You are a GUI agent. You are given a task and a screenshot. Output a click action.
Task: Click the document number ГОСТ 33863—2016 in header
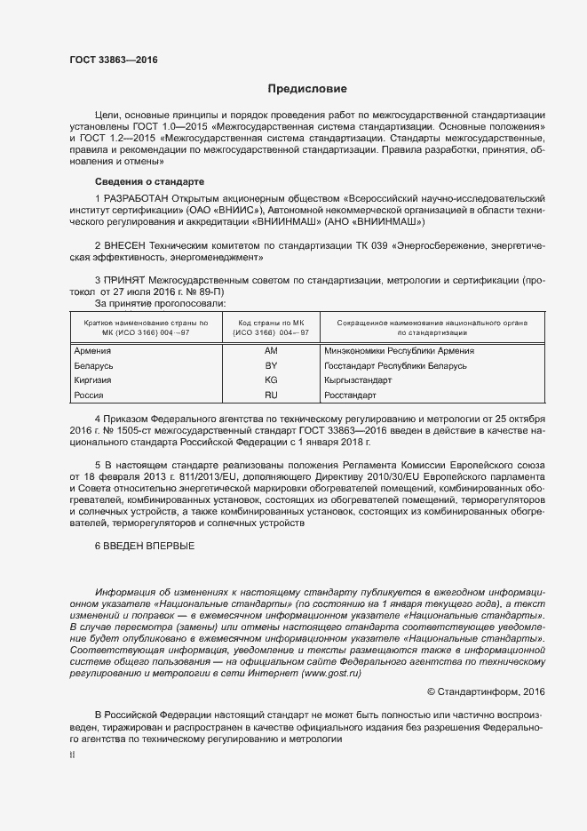coord(113,60)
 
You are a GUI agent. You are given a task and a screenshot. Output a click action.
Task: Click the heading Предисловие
coord(307,89)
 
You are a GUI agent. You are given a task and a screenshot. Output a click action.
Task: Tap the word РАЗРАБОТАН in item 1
coord(135,197)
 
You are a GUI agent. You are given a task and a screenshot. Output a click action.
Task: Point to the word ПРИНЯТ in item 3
coord(128,278)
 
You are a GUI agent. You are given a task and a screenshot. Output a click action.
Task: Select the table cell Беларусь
coord(93,365)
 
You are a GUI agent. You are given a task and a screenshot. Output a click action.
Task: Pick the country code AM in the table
coord(271,350)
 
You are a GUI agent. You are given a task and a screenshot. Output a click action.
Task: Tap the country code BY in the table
coord(271,365)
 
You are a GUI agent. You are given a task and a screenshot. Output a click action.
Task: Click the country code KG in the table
coord(271,380)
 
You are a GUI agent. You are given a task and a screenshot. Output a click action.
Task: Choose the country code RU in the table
coord(271,394)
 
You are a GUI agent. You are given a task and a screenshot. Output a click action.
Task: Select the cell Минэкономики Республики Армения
coord(400,350)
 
